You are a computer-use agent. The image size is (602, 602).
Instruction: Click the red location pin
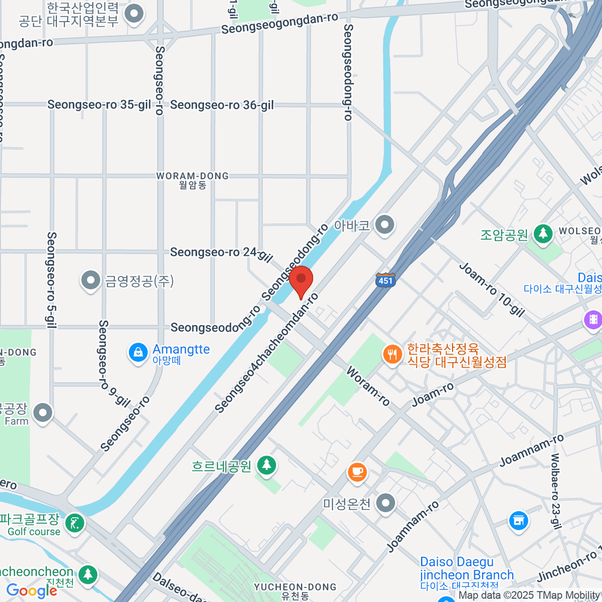(301, 281)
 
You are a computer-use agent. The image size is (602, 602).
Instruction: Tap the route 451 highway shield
(385, 280)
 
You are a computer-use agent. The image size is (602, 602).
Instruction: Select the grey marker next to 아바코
(385, 225)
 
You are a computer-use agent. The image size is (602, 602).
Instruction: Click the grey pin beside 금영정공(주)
(91, 281)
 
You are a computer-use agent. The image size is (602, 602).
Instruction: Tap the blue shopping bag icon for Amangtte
(138, 352)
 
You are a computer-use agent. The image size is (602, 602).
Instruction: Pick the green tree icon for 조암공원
(542, 234)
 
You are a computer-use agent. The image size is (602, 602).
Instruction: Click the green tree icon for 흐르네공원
(266, 465)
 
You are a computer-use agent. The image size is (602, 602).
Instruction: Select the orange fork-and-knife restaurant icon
(392, 355)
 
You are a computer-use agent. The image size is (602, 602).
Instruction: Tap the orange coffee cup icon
(357, 472)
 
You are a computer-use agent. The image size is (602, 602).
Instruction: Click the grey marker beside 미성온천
(386, 503)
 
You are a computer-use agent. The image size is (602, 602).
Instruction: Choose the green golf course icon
(75, 523)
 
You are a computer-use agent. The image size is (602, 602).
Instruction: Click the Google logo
(31, 591)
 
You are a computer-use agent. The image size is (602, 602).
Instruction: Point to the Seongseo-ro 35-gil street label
(99, 105)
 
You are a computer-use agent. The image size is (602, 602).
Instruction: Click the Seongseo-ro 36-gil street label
(222, 105)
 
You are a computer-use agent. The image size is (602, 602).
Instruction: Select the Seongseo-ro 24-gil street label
(221, 253)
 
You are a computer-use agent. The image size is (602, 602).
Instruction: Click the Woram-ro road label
(368, 386)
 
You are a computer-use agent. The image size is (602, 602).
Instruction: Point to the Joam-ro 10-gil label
(492, 290)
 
